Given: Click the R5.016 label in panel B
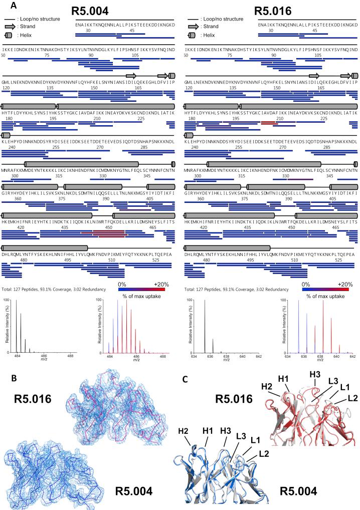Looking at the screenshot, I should tap(35, 401).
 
